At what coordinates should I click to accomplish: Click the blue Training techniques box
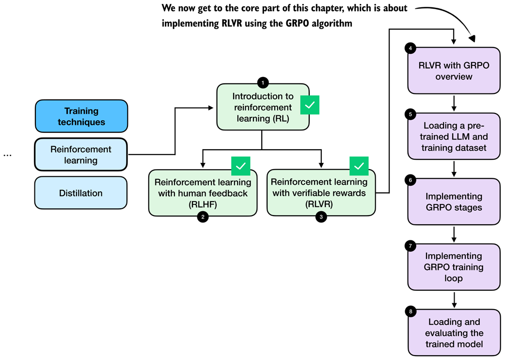coord(81,116)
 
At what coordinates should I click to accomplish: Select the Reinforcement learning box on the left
coord(81,155)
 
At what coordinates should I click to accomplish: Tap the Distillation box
coord(81,193)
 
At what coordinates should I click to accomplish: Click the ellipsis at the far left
coord(7,154)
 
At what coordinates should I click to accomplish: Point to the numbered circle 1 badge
coord(263,83)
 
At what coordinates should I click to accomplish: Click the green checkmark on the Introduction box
coord(310,105)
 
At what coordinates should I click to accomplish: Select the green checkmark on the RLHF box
coord(241,166)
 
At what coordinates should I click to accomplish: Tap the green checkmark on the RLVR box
coord(359,166)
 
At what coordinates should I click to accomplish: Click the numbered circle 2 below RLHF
coord(203,217)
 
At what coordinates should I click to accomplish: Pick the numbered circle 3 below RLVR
coord(321,217)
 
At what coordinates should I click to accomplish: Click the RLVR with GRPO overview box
coord(454,70)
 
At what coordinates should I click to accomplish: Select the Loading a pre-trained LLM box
coord(454,136)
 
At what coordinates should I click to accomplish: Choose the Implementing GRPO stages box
coord(454,202)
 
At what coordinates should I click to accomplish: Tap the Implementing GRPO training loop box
coord(454,267)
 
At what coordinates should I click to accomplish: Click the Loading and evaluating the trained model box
coord(454,332)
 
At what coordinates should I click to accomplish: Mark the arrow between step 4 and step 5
coord(454,103)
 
